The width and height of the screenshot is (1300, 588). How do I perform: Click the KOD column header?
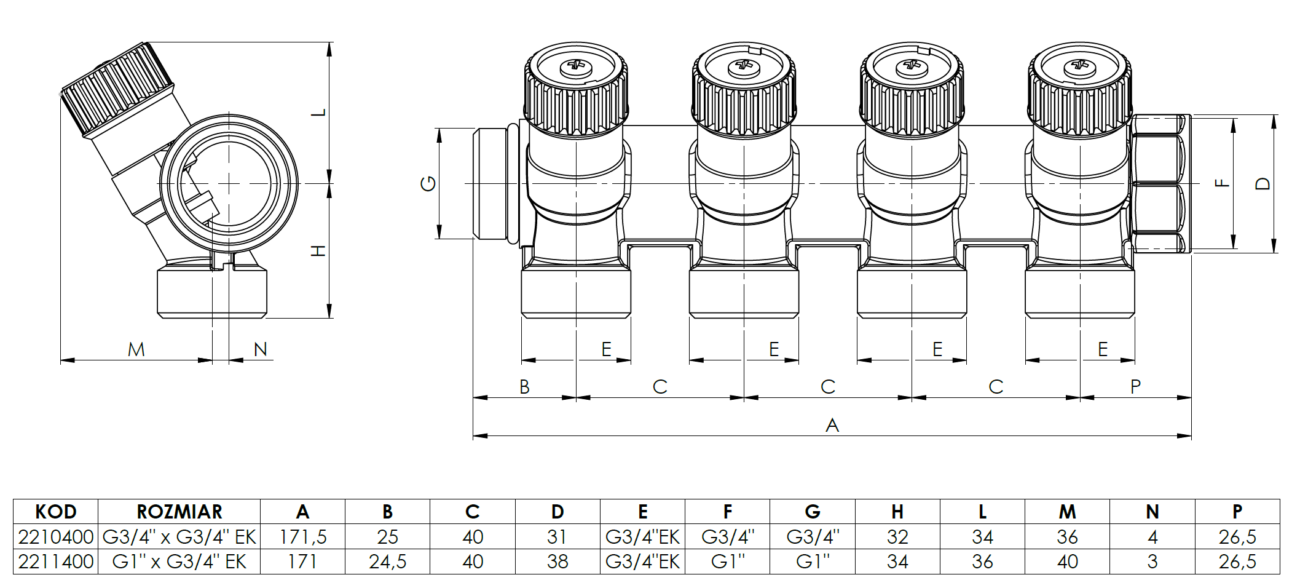tap(56, 512)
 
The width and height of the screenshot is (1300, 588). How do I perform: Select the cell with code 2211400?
tap(56, 562)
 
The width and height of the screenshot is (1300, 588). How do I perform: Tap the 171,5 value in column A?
tap(302, 537)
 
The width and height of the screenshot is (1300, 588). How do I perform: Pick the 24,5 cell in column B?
tap(387, 562)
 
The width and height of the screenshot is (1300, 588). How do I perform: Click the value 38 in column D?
tap(557, 562)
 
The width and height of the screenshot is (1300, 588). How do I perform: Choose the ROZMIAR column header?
tap(179, 512)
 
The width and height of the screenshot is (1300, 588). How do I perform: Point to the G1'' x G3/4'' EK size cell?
tap(179, 562)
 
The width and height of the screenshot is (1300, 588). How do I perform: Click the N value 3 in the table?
tap(1152, 562)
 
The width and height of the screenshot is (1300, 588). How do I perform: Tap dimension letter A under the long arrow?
tap(832, 425)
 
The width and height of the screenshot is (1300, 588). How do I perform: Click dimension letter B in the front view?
tap(524, 387)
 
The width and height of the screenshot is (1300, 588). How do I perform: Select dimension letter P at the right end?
tap(1135, 387)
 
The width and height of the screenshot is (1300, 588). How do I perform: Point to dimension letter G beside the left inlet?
tap(428, 183)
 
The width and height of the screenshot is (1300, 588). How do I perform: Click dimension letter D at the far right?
tap(1262, 183)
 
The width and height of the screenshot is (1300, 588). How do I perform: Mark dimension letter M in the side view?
tap(136, 349)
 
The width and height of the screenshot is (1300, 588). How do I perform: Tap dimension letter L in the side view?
tap(318, 113)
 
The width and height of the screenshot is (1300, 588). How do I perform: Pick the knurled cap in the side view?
tap(117, 89)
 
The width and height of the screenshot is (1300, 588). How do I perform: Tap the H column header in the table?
tap(897, 512)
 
